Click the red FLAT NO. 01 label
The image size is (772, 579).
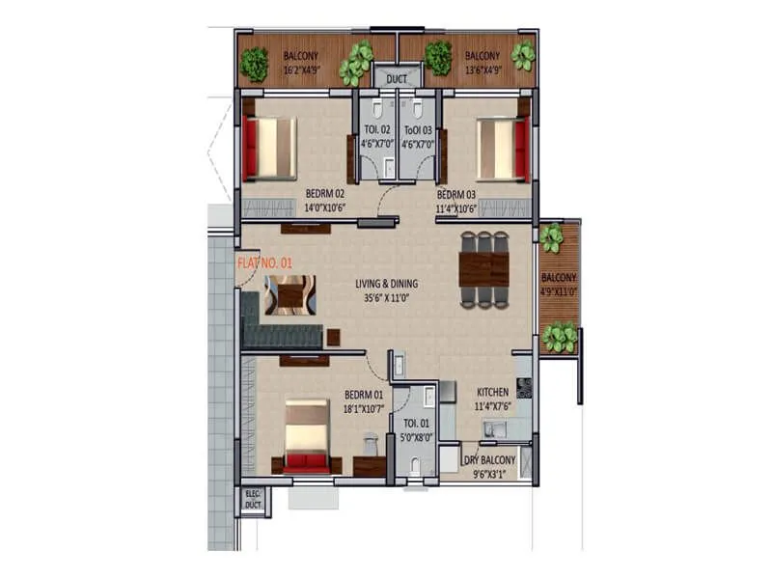point(263,262)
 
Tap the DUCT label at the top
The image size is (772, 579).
point(397,77)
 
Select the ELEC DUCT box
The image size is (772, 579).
point(254,500)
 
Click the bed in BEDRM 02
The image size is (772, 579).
point(270,149)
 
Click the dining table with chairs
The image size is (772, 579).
point(483,270)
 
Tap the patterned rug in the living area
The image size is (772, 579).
point(289,294)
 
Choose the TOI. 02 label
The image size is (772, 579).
point(376,130)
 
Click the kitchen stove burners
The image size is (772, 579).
point(524,388)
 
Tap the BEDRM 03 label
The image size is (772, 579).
point(456,193)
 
